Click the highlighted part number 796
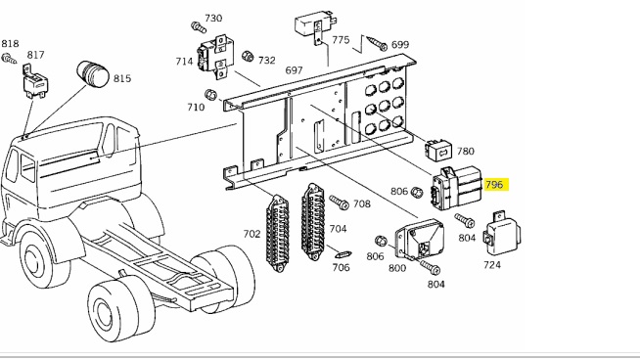pos(494,185)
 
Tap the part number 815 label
pos(122,78)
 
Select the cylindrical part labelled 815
pos(93,74)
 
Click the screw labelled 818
pos(9,59)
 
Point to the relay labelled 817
pos(35,81)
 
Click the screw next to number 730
pos(199,27)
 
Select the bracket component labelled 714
pos(215,57)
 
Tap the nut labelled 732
pos(248,56)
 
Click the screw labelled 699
pos(377,43)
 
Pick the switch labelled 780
pos(438,151)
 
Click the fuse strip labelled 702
pos(278,233)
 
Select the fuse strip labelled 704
pos(313,222)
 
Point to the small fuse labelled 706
pos(343,254)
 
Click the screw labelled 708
pos(339,202)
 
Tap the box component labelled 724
pos(502,233)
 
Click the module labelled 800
pos(420,239)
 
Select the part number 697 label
pos(294,70)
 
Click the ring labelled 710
pos(210,95)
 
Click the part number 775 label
pos(341,39)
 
